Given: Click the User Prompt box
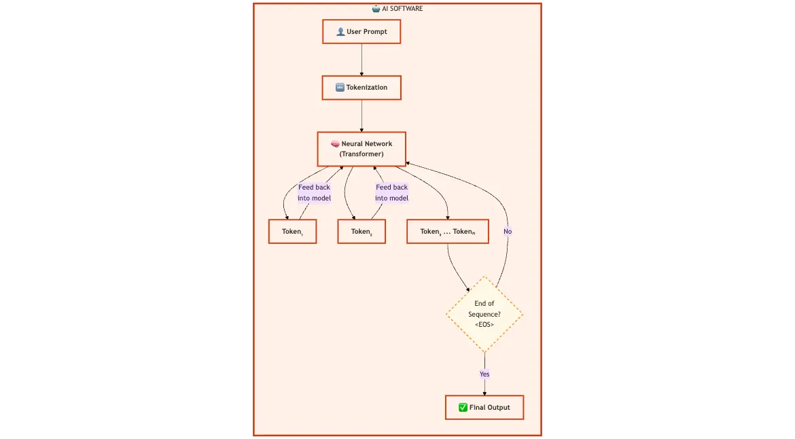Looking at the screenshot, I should click(x=361, y=32).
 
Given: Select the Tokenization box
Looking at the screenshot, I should click(x=361, y=88).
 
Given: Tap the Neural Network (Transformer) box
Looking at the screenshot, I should click(x=361, y=149).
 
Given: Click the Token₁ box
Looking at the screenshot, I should click(x=292, y=232).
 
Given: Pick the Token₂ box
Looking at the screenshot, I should click(x=361, y=232).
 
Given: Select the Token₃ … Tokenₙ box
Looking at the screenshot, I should click(x=448, y=232).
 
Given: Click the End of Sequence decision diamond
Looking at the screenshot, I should click(x=484, y=314).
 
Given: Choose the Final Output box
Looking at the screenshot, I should click(x=484, y=408).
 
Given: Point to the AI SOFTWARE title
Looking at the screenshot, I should click(x=402, y=9).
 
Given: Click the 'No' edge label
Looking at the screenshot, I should click(x=508, y=232).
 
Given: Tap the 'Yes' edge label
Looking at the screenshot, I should click(x=484, y=374).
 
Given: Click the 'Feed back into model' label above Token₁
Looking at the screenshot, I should click(x=314, y=193).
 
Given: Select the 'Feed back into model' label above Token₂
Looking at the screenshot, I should click(x=392, y=193).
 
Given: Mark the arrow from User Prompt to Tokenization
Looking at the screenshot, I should click(x=361, y=60).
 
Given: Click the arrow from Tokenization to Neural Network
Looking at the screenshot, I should click(x=361, y=116).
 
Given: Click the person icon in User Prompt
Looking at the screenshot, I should click(x=340, y=32).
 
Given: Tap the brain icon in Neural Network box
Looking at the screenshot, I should click(x=335, y=144).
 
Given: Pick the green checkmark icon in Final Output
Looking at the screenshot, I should click(x=463, y=408).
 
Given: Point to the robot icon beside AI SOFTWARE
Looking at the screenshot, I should click(x=376, y=9).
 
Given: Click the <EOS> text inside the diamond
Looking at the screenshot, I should click(x=484, y=325).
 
